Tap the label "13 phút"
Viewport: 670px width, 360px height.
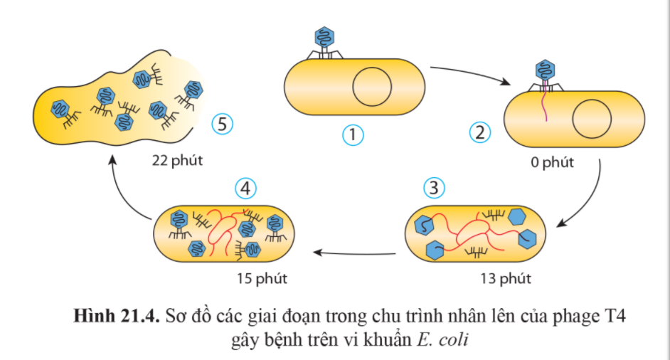coord(506,277)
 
